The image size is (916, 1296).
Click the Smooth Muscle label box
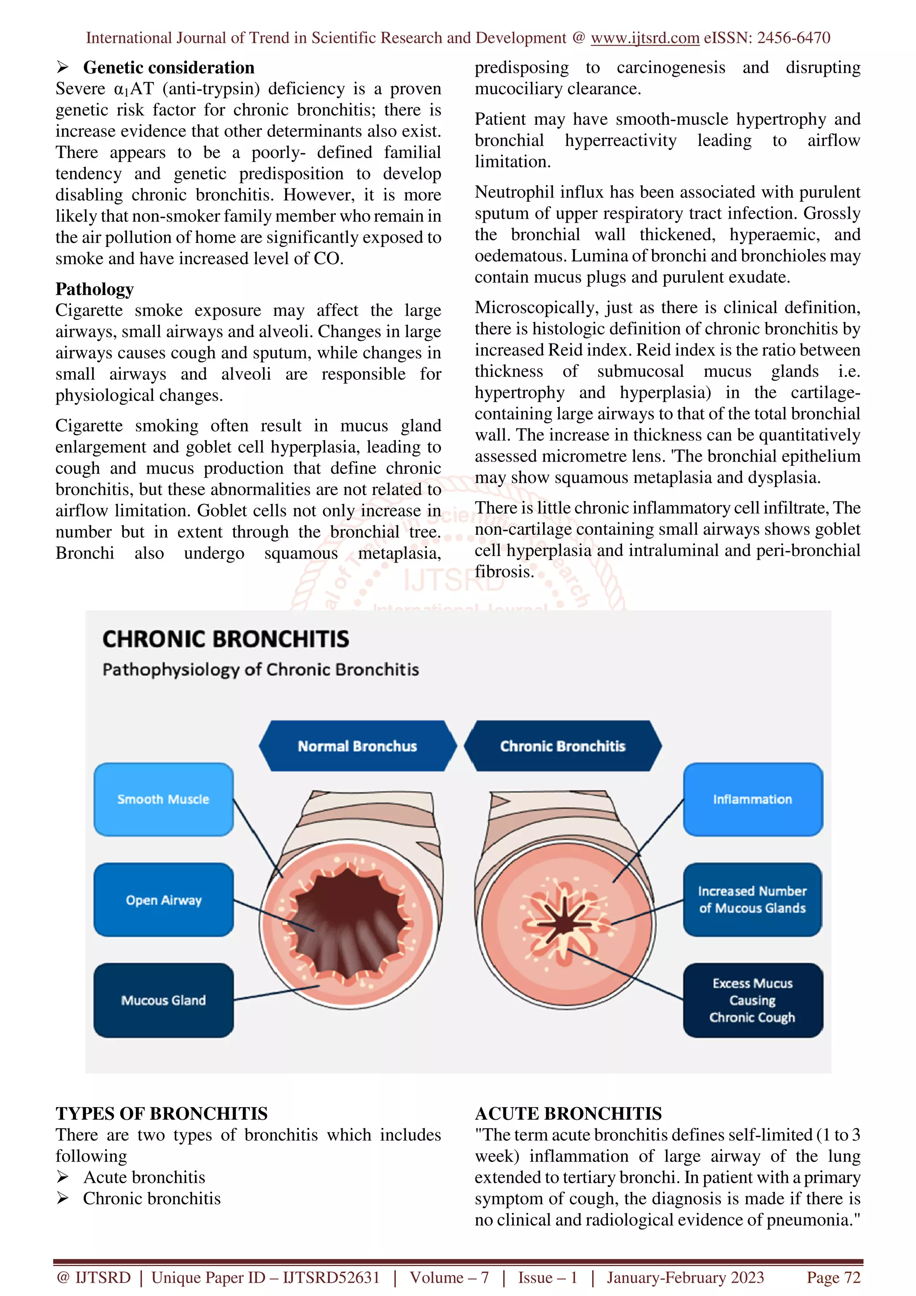click(x=163, y=799)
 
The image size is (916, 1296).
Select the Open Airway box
click(x=163, y=900)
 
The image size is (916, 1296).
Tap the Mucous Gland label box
click(x=163, y=1000)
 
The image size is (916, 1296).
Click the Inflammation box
click(x=752, y=799)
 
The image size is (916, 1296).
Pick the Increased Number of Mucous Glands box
click(x=752, y=900)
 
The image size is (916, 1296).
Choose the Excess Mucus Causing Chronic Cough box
click(x=752, y=1000)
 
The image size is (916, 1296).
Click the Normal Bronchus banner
click(x=357, y=746)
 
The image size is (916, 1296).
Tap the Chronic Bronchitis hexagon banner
click(x=563, y=746)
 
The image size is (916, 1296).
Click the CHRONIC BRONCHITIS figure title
click(x=226, y=640)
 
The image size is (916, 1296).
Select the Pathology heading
click(x=94, y=289)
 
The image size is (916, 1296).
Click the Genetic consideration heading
click(x=169, y=68)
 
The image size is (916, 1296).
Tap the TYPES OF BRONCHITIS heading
click(x=161, y=1114)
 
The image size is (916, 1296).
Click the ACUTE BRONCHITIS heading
click(x=568, y=1114)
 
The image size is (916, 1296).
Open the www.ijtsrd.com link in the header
click(x=645, y=38)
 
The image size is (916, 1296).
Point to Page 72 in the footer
click(x=833, y=1277)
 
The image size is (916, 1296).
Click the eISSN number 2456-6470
click(x=793, y=38)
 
